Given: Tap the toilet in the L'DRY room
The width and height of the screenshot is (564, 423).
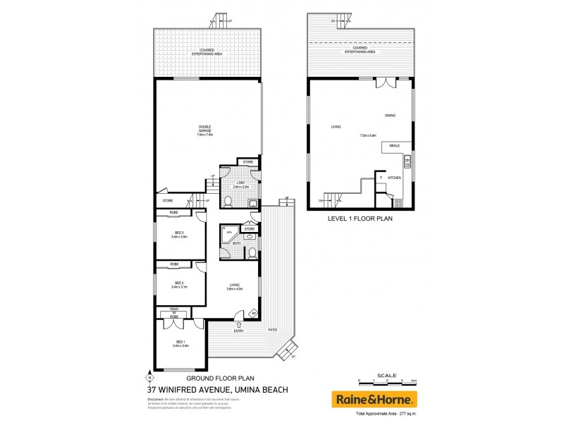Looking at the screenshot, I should click(227, 202).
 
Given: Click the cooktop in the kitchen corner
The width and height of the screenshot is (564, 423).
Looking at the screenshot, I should click(399, 203).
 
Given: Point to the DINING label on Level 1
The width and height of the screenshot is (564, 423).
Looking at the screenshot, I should click(390, 115).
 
